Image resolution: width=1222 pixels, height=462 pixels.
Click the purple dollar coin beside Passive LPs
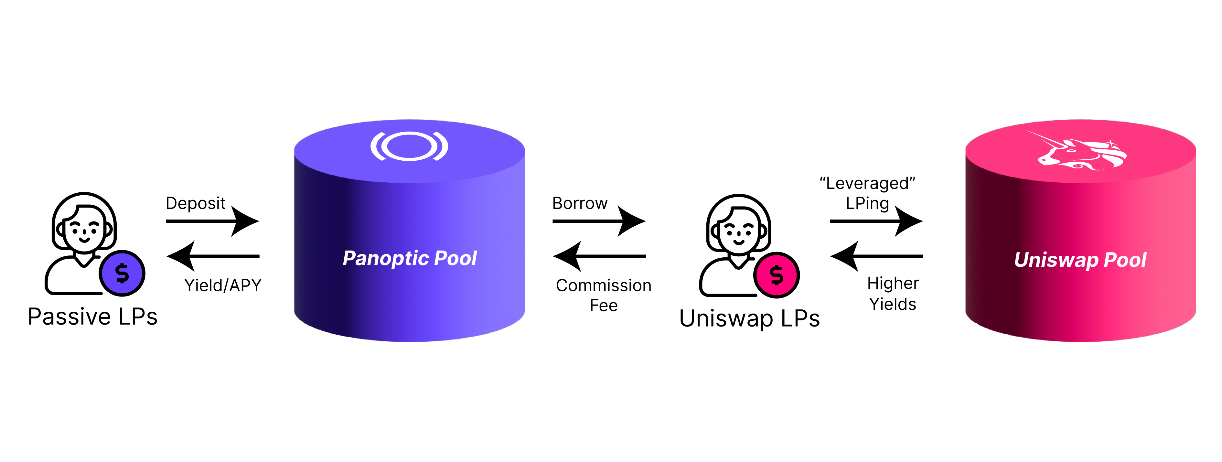[x=122, y=273]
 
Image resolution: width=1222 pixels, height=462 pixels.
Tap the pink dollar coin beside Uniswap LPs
[x=777, y=275]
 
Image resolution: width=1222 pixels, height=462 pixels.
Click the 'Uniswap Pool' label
[x=1080, y=260]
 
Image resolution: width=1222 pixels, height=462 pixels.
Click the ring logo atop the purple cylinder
[x=409, y=146]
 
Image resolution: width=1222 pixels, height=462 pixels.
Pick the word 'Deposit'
[x=196, y=203]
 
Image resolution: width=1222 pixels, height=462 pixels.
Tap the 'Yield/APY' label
[x=222, y=285]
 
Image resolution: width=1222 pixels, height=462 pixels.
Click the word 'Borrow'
[x=580, y=203]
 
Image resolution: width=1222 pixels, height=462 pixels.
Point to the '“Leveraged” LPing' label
[x=867, y=193]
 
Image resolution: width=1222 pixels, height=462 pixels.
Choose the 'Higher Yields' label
[x=893, y=294]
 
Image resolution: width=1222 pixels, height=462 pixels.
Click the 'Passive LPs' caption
[x=92, y=317]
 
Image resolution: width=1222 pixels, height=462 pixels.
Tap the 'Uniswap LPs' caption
[x=749, y=318]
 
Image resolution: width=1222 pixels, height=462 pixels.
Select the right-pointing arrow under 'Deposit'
[x=212, y=221]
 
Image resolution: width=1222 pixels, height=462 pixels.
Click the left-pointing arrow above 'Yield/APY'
[x=212, y=256]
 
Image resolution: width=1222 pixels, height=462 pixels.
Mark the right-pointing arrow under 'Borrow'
[x=599, y=221]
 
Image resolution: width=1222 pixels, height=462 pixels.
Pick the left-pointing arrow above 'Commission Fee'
[x=599, y=256]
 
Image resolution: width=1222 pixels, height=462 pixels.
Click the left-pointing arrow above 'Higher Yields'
[x=876, y=256]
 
